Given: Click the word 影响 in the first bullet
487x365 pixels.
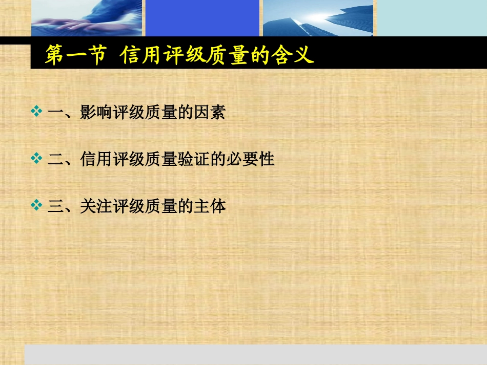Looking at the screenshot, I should point(96,112).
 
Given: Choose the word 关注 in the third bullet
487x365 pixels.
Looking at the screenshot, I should point(96,207).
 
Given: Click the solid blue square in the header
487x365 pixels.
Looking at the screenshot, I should point(202,18).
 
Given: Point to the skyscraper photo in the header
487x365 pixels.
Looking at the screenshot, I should point(318,18).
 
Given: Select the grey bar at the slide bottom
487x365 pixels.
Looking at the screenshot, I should point(256,354).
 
